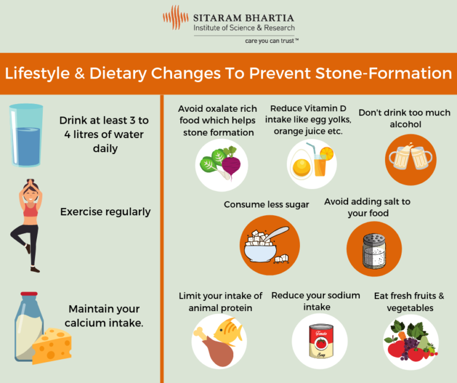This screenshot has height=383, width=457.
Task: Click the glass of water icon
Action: pos(26,135)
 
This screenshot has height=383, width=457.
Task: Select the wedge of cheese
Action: pos(52,345)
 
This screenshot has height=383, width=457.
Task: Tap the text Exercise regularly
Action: pos(105,211)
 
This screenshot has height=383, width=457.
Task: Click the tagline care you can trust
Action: pos(271,41)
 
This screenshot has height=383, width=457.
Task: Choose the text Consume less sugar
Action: pos(266,205)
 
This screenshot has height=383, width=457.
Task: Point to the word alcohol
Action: pos(405,124)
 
